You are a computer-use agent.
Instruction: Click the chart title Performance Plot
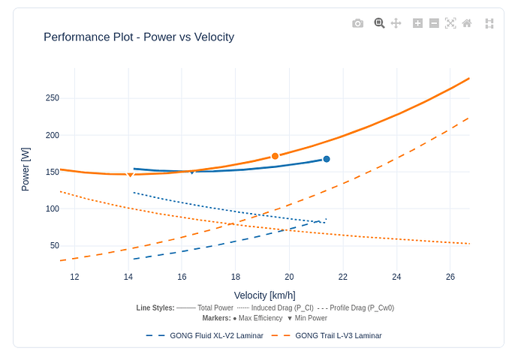point(139,37)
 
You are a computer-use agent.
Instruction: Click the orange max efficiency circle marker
point(276,156)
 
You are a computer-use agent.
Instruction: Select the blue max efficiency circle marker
point(327,159)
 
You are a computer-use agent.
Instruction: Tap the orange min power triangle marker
point(130,175)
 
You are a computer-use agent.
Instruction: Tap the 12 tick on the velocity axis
point(74,277)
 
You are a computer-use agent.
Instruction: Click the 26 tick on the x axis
point(450,277)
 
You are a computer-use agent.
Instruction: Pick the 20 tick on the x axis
point(289,277)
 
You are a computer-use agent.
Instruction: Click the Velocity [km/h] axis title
point(264,295)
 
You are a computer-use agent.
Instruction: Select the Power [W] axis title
point(26,169)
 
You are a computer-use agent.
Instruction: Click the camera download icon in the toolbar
point(357,23)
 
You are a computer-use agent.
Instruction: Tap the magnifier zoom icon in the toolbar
point(379,23)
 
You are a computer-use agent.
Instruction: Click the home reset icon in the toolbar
point(467,23)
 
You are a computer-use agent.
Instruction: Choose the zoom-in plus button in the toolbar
point(417,23)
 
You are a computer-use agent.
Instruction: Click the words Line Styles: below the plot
point(155,307)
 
